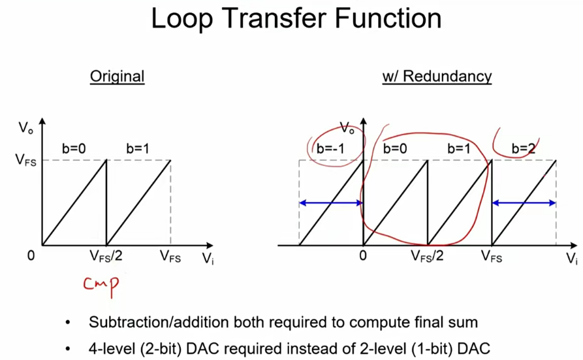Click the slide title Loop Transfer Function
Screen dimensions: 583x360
[296, 19]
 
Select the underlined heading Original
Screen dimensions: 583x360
[117, 76]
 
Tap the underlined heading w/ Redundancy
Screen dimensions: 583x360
[436, 76]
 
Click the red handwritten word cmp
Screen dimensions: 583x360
[101, 285]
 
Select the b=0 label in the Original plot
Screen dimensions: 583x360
[73, 148]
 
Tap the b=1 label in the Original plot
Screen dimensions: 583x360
[137, 148]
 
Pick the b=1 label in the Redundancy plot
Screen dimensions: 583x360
[459, 148]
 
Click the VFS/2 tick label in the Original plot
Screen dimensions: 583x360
[106, 256]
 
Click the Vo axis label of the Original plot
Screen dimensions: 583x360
[25, 126]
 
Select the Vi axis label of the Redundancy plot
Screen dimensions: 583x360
[571, 259]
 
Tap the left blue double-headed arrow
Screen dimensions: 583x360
[331, 203]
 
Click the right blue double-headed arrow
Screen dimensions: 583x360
[524, 203]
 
